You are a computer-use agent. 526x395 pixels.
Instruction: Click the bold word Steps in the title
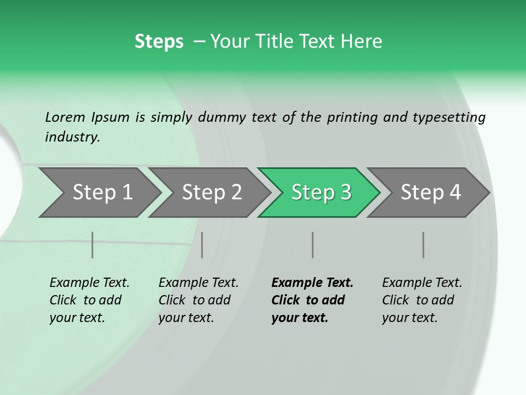click(159, 42)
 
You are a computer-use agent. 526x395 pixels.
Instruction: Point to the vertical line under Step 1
click(93, 245)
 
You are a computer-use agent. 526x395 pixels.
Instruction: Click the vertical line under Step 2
click(202, 245)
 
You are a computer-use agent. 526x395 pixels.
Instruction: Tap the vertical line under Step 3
click(313, 245)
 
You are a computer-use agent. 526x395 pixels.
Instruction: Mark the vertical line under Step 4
click(424, 245)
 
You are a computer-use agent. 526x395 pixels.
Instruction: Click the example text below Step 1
click(89, 300)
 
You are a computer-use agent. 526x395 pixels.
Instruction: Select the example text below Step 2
click(198, 300)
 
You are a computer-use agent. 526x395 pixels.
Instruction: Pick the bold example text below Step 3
click(312, 300)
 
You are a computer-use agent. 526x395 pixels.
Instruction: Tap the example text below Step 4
click(422, 300)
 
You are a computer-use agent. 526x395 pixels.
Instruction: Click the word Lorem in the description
click(65, 117)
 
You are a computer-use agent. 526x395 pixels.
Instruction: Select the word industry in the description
click(72, 137)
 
